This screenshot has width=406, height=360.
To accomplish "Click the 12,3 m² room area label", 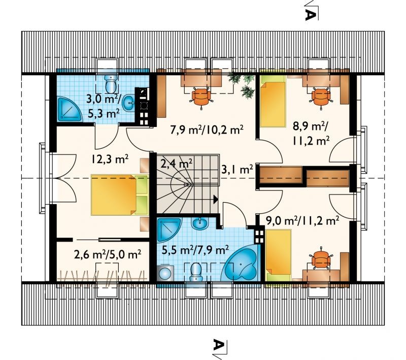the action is pos(110,159).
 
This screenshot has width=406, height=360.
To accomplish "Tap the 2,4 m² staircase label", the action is pos(177,163).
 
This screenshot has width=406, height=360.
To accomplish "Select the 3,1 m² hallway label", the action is pos(237,170).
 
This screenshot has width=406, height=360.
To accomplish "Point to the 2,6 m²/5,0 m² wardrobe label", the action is pos(108,254).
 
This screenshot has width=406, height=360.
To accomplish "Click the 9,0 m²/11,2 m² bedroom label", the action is pos(302,221).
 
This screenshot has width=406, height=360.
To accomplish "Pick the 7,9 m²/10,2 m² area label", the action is pos(207,130).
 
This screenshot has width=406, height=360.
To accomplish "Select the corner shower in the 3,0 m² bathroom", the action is pos(69,109).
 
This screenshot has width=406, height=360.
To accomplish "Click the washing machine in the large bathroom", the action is pos(164,273).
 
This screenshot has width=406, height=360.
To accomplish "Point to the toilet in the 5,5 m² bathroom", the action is pos(196,272).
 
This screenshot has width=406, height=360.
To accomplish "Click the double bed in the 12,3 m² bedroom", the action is pos(120,195).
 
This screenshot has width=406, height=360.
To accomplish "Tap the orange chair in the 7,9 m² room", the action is pos(201,96).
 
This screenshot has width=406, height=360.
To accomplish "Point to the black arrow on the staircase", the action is pos(216,199).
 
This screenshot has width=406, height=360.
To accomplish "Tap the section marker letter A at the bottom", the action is pos(218,344).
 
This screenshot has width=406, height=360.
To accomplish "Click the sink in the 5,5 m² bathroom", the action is pos(200,223).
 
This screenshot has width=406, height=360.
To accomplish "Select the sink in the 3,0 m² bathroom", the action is pos(128,103).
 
